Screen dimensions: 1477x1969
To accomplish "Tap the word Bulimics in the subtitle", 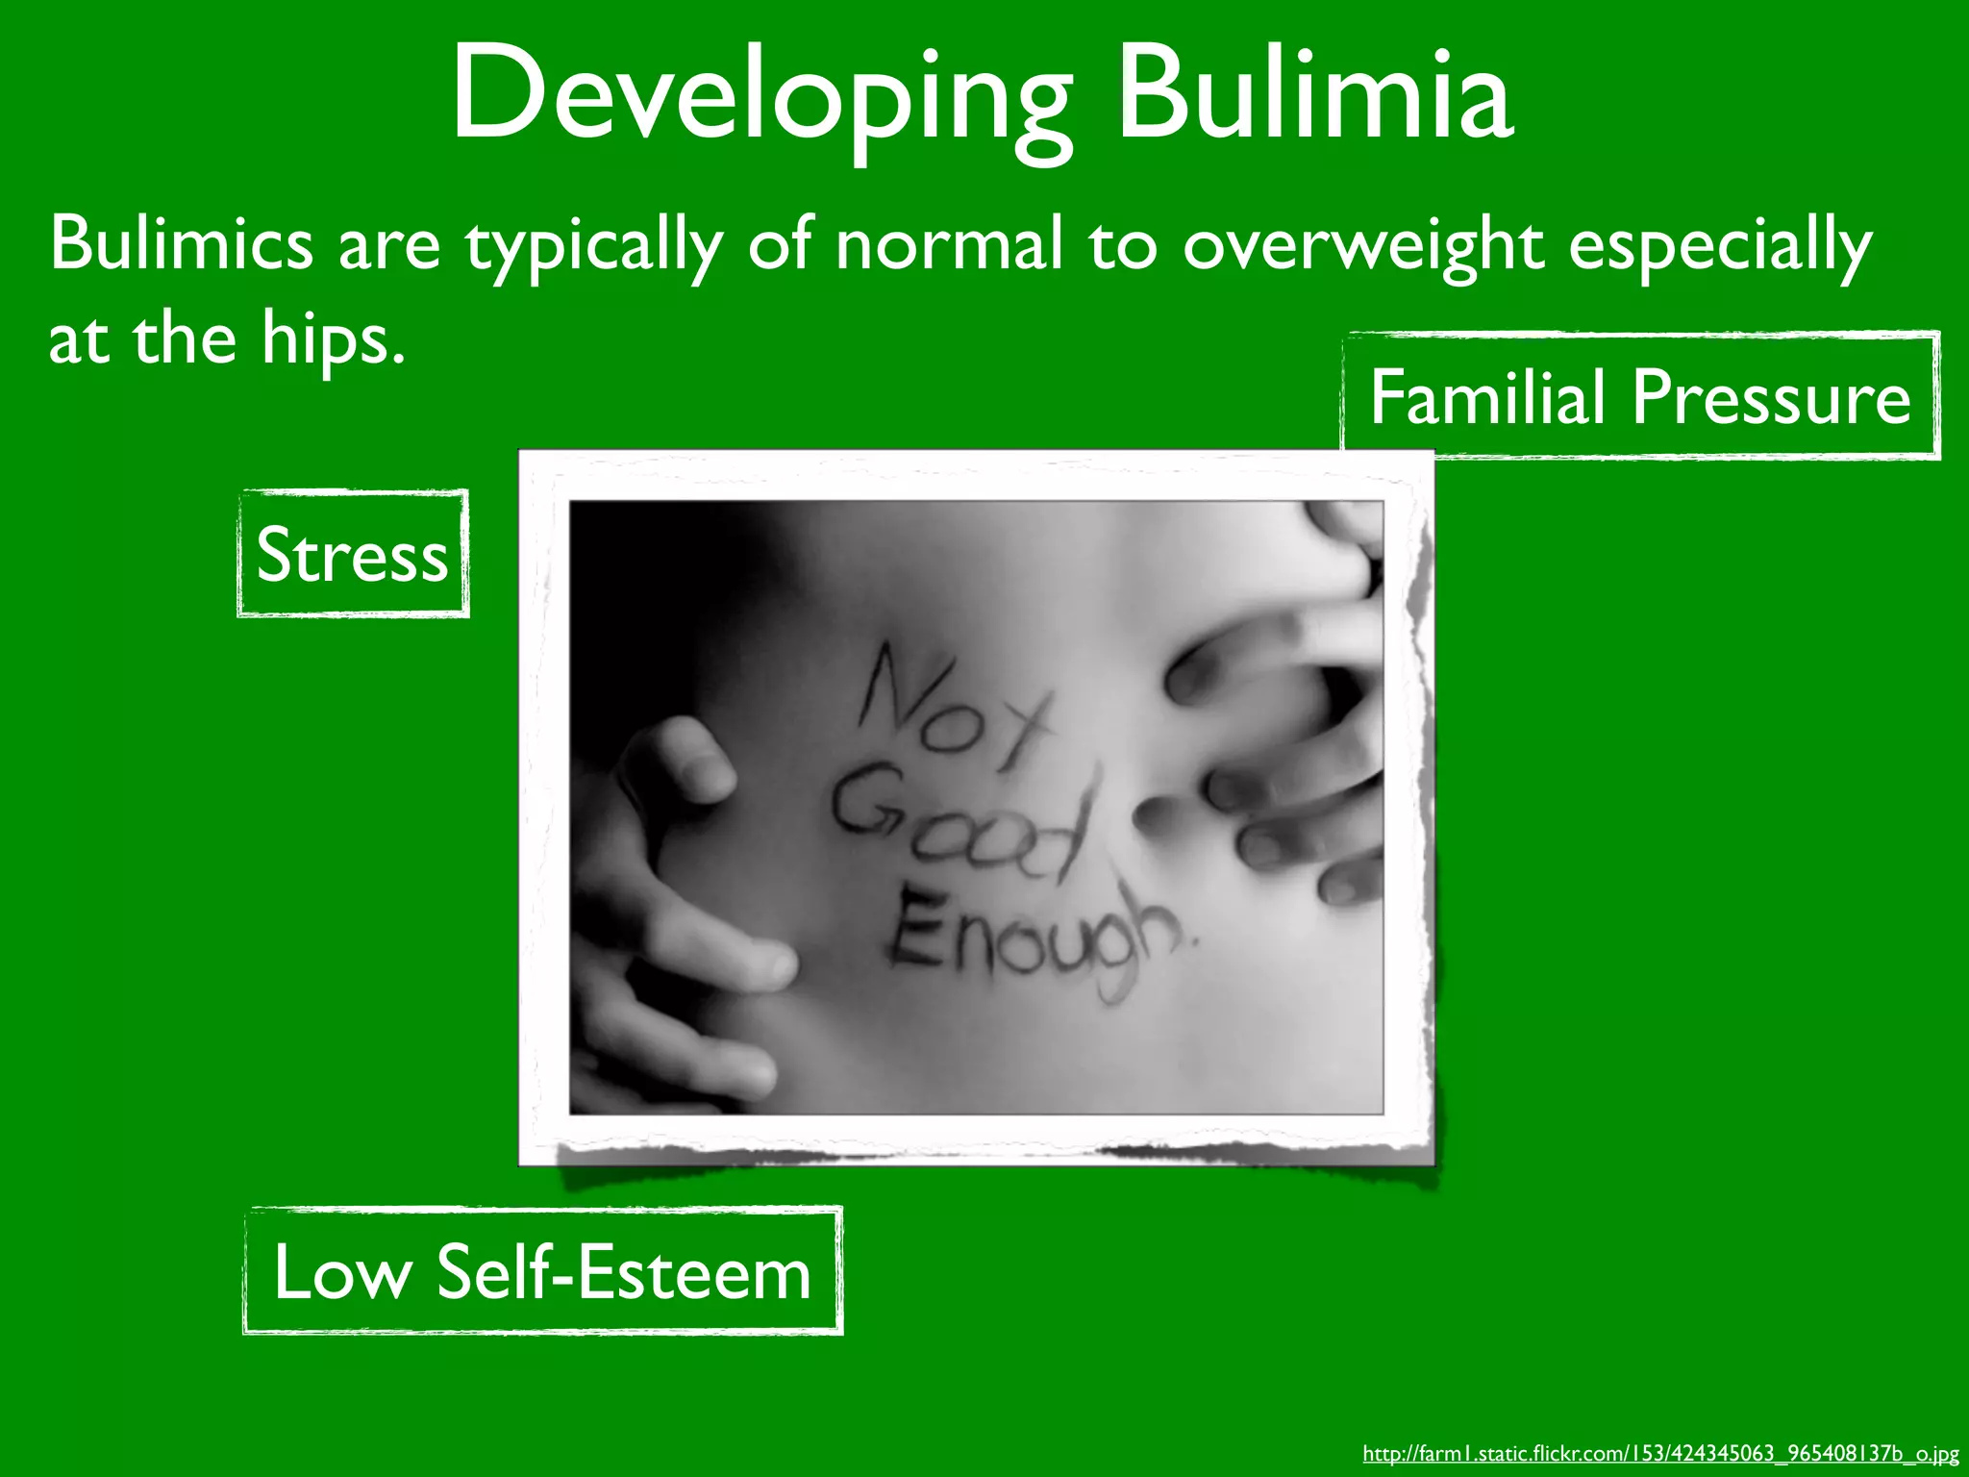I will tap(181, 242).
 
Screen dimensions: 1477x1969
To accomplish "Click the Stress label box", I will tap(353, 555).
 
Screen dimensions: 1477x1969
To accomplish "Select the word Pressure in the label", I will tap(1772, 396).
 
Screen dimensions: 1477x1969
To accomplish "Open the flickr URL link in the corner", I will tap(1660, 1453).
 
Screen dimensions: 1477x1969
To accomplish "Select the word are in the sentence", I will tap(388, 244).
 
